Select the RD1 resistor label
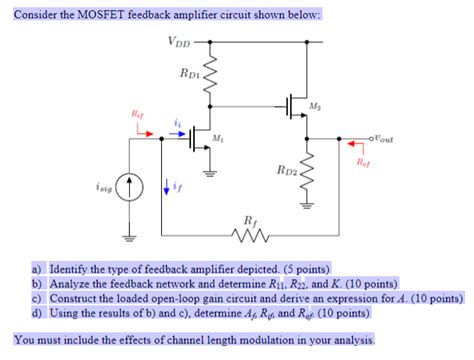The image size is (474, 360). pyautogui.click(x=191, y=72)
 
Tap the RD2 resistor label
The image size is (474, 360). pyautogui.click(x=275, y=171)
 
